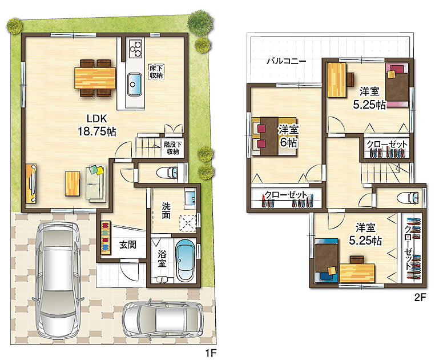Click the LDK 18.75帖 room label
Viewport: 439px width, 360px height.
pyautogui.click(x=97, y=125)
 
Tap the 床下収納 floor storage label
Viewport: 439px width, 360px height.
pyautogui.click(x=156, y=72)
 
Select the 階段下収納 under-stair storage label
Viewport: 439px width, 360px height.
pyautogui.click(x=173, y=148)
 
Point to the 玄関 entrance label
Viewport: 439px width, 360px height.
pyautogui.click(x=128, y=245)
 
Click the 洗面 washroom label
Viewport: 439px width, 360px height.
pyautogui.click(x=166, y=211)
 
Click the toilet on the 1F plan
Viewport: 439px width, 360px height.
pyautogui.click(x=167, y=173)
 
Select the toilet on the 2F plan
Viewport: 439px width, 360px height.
pyautogui.click(x=408, y=198)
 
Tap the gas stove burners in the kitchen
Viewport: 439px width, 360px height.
pyautogui.click(x=135, y=49)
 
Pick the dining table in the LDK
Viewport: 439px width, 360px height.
pyautogui.click(x=95, y=78)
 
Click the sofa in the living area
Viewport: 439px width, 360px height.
pyautogui.click(x=96, y=183)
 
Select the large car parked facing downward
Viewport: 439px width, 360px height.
pyautogui.click(x=59, y=280)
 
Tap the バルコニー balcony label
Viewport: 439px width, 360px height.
pyautogui.click(x=286, y=61)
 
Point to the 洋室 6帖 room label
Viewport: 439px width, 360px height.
pyautogui.click(x=288, y=137)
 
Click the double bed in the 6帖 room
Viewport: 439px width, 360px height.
pyautogui.click(x=274, y=136)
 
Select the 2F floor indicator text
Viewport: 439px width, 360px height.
pyautogui.click(x=420, y=297)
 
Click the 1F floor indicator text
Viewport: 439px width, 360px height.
pyautogui.click(x=211, y=353)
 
